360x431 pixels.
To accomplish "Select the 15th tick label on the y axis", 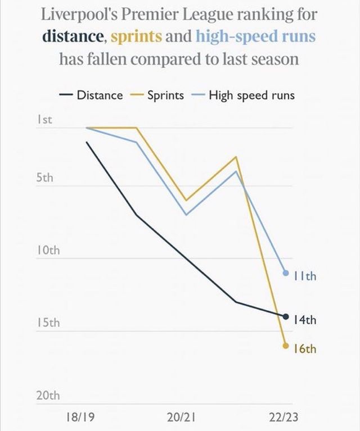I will tap(47, 324).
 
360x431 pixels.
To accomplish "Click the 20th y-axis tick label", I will tap(47, 396).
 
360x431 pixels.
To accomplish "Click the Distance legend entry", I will tap(99, 95).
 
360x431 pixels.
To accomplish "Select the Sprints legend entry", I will tap(165, 95).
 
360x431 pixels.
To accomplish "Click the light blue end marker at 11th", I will tap(286, 273).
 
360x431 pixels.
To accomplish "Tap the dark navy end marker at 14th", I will tap(286, 316).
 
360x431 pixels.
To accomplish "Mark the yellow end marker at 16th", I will tap(286, 346).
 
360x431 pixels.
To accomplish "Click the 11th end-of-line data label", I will tap(305, 276).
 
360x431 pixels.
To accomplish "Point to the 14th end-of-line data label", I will tap(305, 320).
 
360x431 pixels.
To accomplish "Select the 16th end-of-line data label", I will tap(305, 349).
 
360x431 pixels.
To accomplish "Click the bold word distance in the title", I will tap(73, 37).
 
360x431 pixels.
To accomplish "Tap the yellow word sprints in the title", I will tap(137, 37).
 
